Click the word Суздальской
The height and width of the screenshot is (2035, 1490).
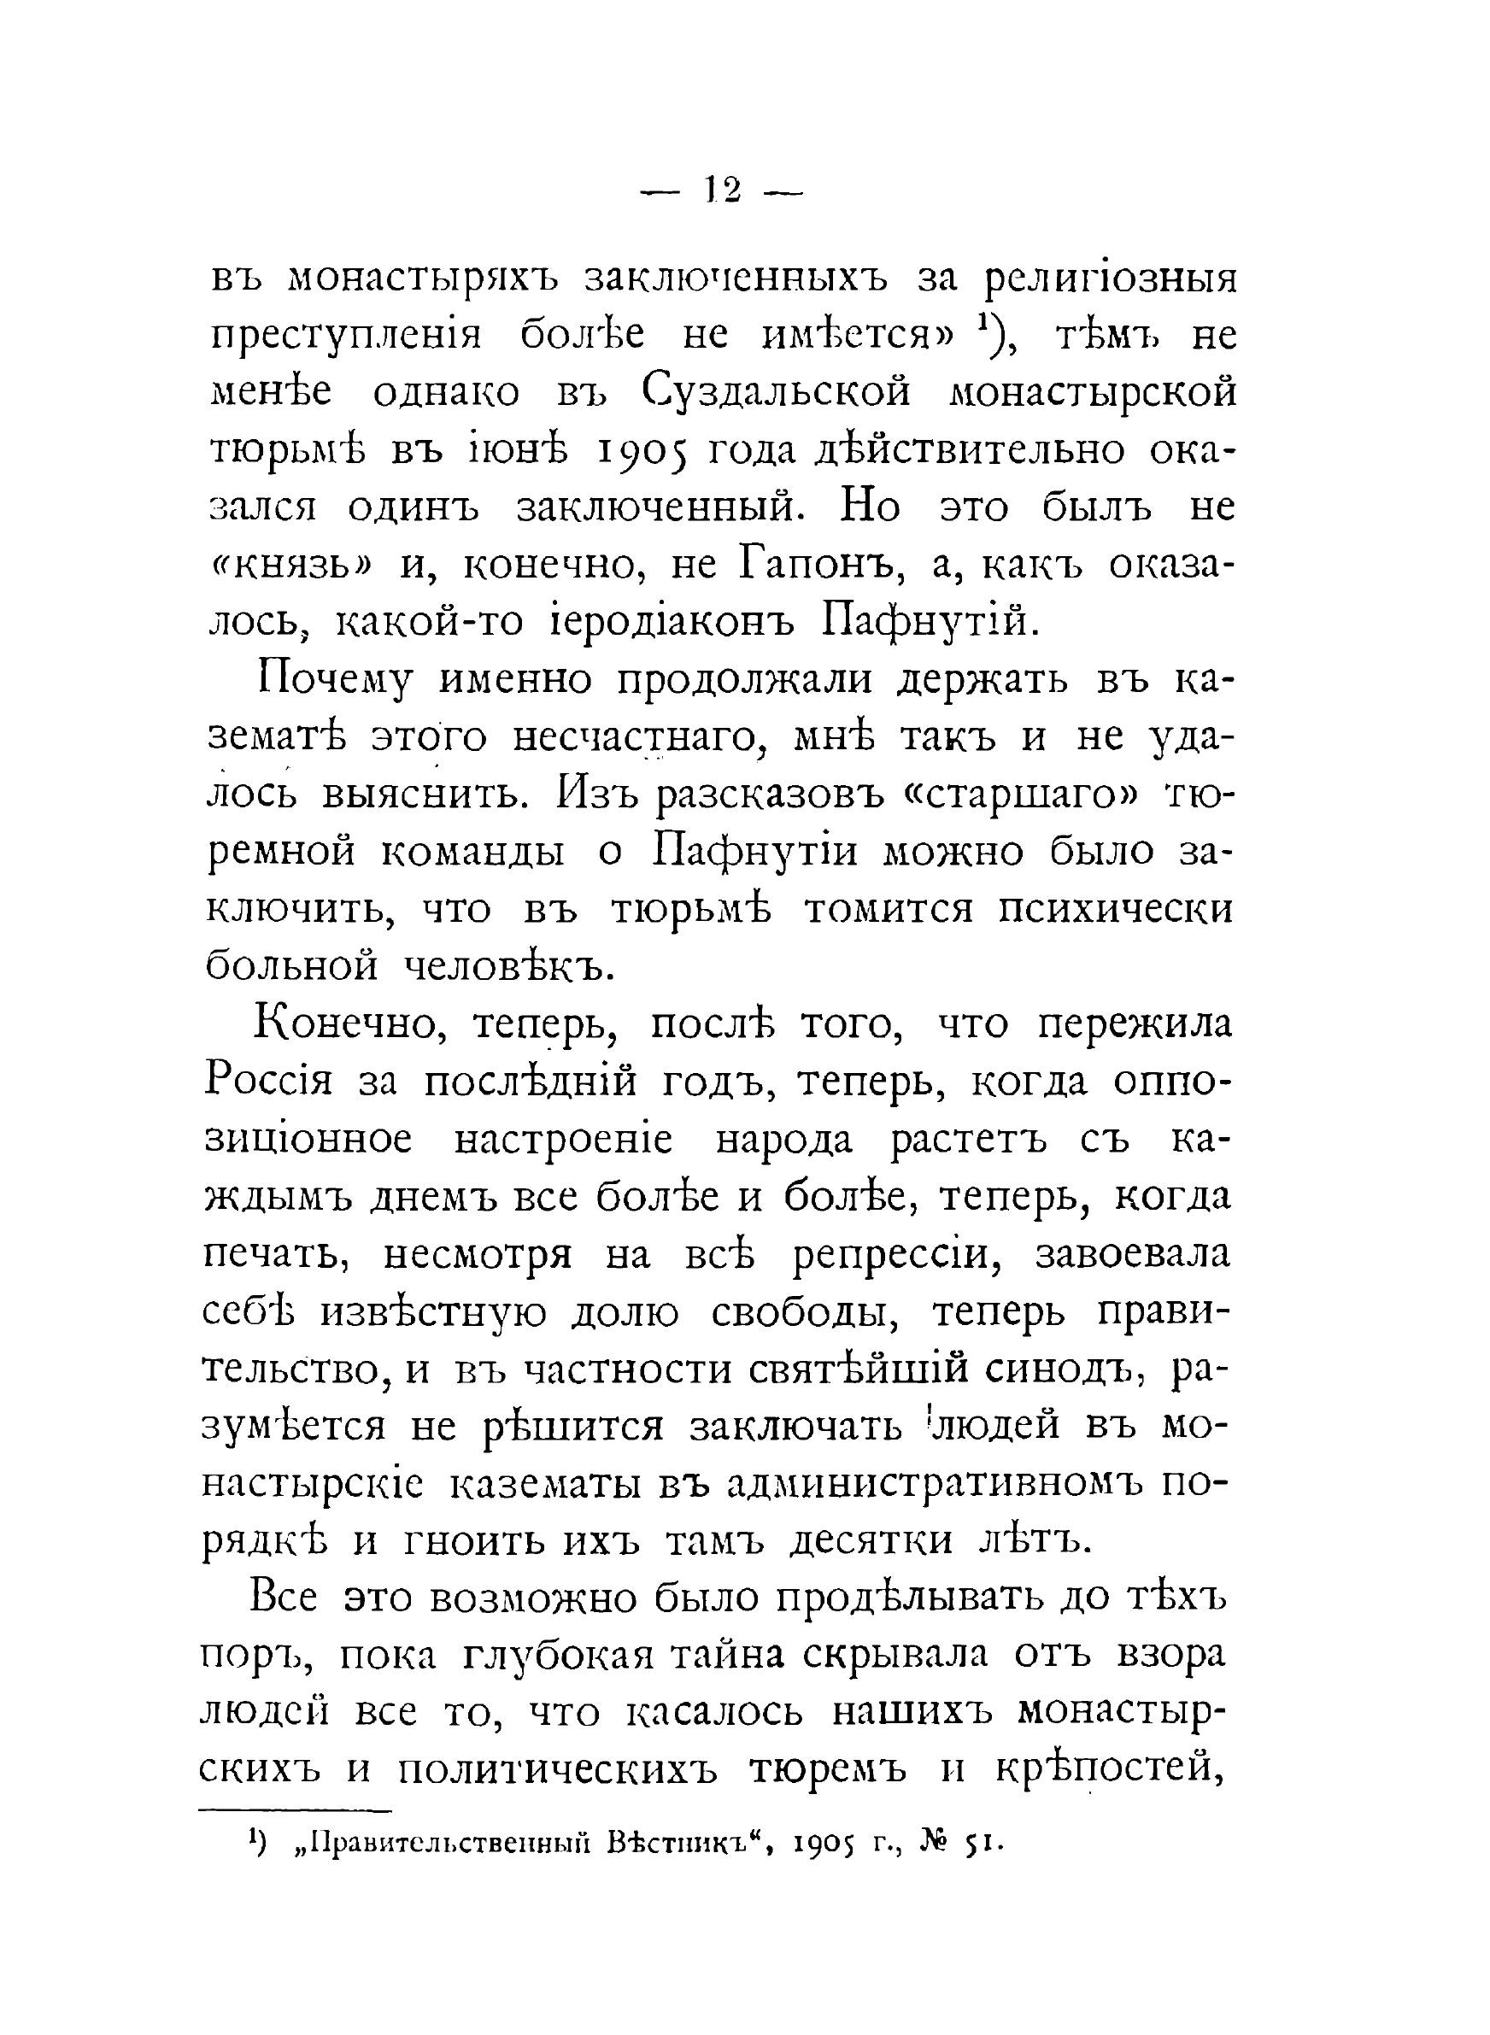pyautogui.click(x=777, y=394)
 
